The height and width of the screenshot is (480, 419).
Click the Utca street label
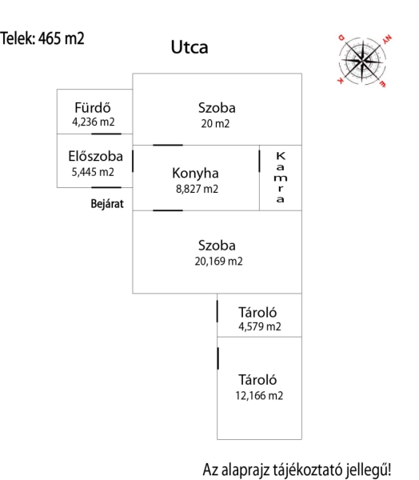(x=190, y=47)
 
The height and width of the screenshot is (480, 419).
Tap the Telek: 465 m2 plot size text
(x=42, y=38)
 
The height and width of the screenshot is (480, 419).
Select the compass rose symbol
(x=363, y=60)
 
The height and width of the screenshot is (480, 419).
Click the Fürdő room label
(x=93, y=107)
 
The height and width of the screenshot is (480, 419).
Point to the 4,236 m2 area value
(x=94, y=122)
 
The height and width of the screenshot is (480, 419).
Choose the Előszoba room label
(x=95, y=156)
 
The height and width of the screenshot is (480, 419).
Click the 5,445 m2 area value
(x=93, y=172)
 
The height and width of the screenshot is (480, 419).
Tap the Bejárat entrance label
(x=107, y=204)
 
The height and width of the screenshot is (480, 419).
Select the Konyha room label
(x=195, y=174)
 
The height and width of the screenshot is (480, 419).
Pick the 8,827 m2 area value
(x=197, y=189)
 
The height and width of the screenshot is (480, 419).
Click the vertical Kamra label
(x=281, y=178)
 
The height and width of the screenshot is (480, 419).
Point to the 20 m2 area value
(x=215, y=124)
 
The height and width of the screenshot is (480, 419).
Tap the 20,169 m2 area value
(x=218, y=261)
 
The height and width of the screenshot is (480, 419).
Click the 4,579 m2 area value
(x=260, y=326)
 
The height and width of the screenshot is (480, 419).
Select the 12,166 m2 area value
(x=259, y=396)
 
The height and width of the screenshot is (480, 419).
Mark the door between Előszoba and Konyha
(x=133, y=161)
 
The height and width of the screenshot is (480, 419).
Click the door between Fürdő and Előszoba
(x=106, y=134)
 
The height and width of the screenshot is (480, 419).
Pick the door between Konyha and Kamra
(x=260, y=161)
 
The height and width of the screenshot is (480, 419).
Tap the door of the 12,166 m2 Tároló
(x=218, y=358)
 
